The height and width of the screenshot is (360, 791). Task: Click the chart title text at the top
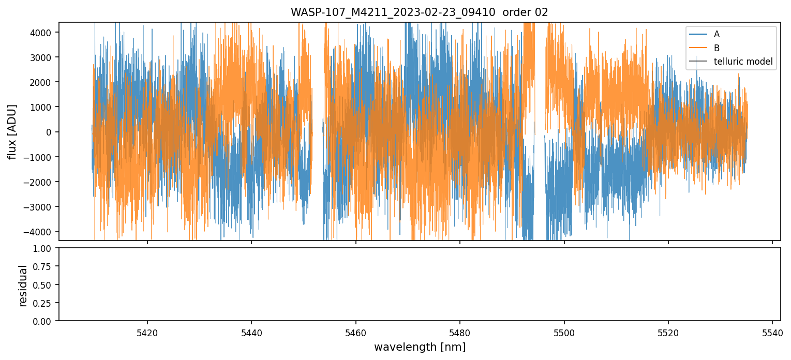[x=419, y=12]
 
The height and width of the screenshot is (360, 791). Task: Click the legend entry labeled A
[x=717, y=35]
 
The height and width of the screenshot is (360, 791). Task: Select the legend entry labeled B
[x=717, y=48]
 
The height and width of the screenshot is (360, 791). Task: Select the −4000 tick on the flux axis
[x=42, y=232]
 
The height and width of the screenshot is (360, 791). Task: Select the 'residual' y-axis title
[x=23, y=285]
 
